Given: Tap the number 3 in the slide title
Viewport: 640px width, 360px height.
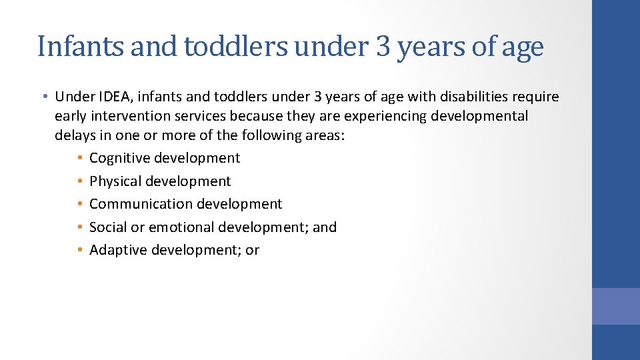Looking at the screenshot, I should pyautogui.click(x=383, y=47).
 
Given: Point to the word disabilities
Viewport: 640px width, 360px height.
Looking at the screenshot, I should pyautogui.click(x=471, y=97).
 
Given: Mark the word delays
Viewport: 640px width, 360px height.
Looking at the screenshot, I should pyautogui.click(x=75, y=135).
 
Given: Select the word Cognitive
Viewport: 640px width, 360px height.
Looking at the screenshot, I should pyautogui.click(x=119, y=158).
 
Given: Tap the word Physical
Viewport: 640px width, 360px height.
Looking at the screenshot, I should pyautogui.click(x=115, y=181).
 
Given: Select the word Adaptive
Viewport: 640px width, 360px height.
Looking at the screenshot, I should pyautogui.click(x=118, y=250).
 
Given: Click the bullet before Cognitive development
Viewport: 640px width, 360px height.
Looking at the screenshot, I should pyautogui.click(x=79, y=159).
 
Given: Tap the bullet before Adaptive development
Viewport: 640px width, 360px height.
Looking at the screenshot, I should pyautogui.click(x=79, y=251).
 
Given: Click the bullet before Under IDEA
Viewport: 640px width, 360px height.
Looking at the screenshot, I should pyautogui.click(x=43, y=97).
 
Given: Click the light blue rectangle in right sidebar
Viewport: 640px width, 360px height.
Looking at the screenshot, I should pyautogui.click(x=615, y=306).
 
